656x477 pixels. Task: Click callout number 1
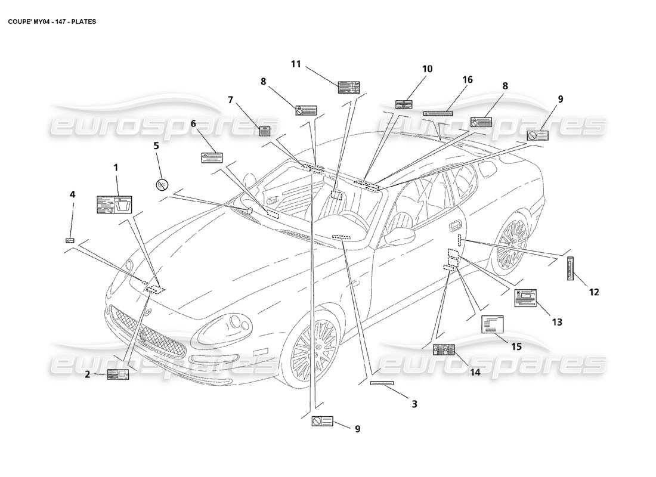[116, 168]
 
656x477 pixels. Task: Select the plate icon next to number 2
[117, 374]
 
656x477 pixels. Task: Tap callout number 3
[414, 404]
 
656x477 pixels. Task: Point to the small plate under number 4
[69, 240]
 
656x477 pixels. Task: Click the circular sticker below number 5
[160, 185]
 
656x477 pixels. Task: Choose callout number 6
[193, 123]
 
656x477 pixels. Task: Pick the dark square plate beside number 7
[265, 131]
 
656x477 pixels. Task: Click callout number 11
[296, 64]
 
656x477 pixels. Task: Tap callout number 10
[427, 69]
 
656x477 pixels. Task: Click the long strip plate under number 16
[438, 113]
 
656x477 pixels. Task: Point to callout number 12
[594, 292]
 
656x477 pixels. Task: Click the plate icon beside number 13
[525, 298]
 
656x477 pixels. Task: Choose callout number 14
[475, 372]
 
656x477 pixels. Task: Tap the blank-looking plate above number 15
[492, 326]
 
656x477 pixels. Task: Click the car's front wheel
[312, 348]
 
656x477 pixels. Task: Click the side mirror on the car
[399, 236]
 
